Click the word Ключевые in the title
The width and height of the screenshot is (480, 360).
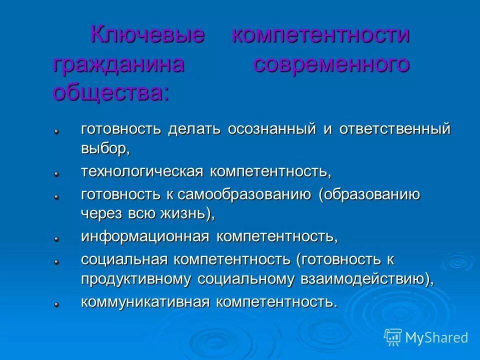pos(147,35)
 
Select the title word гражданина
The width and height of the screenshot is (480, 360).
pos(118,64)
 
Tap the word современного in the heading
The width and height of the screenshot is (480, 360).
pos(331,64)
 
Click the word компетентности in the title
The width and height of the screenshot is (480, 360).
pos(320,35)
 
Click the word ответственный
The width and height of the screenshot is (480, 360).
pos(395,129)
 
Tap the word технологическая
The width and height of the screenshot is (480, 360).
pos(142,171)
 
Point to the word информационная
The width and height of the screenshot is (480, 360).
pos(144,236)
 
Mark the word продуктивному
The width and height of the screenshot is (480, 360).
pos(135,279)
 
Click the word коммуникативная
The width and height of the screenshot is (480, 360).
pos(144,302)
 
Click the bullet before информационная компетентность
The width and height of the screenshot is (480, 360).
pos(57,239)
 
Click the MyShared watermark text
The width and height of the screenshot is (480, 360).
pos(436,337)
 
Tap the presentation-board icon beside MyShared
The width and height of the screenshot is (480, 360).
pos(393,336)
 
